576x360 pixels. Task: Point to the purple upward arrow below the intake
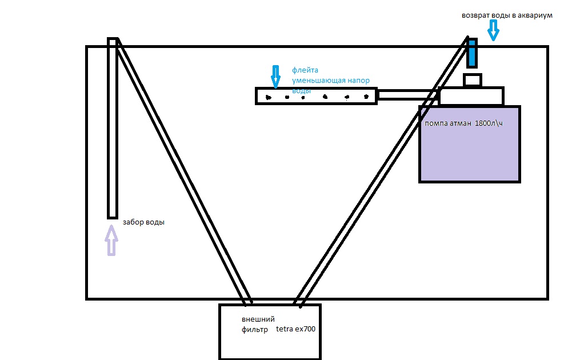(x=111, y=241)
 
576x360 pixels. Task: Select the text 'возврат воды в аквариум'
(x=507, y=16)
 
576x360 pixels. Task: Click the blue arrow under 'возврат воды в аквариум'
(x=493, y=31)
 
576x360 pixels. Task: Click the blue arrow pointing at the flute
(x=275, y=77)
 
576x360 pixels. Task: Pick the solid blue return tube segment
(x=472, y=53)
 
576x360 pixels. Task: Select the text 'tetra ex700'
(x=295, y=329)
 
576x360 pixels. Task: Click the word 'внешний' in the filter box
(x=254, y=319)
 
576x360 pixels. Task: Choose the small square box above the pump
(x=472, y=80)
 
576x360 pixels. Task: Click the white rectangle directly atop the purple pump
(x=472, y=96)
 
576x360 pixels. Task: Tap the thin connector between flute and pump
(x=407, y=95)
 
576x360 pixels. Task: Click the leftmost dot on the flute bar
(x=267, y=98)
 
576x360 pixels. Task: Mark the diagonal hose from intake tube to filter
(x=183, y=171)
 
